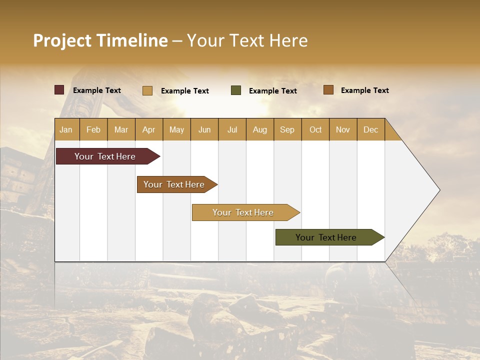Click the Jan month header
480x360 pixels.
[66, 129]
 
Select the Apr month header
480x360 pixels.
[148, 129]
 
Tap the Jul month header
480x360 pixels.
[232, 129]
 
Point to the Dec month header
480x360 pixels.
[370, 129]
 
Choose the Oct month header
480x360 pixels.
[315, 129]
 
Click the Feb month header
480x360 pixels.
[93, 129]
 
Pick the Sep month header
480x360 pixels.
[287, 129]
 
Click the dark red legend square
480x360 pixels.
[59, 90]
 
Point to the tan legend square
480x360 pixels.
[147, 90]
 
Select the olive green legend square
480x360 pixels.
[236, 90]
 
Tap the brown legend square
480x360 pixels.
[328, 90]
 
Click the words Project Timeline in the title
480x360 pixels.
[100, 40]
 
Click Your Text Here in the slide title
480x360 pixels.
[247, 40]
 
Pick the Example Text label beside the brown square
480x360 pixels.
[364, 90]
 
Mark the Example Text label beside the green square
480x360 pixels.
[272, 91]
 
